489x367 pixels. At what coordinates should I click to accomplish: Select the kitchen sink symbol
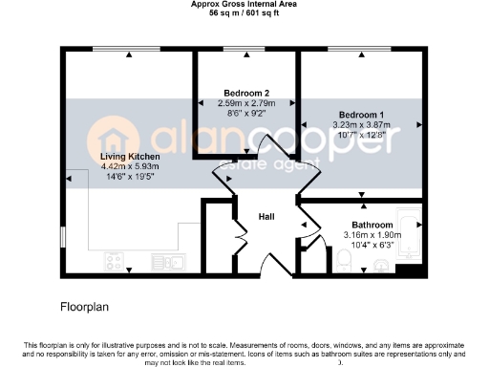(x=175, y=259)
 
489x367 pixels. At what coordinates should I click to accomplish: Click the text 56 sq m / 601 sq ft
(x=244, y=13)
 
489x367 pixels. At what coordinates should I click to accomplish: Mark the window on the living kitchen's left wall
(x=64, y=234)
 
